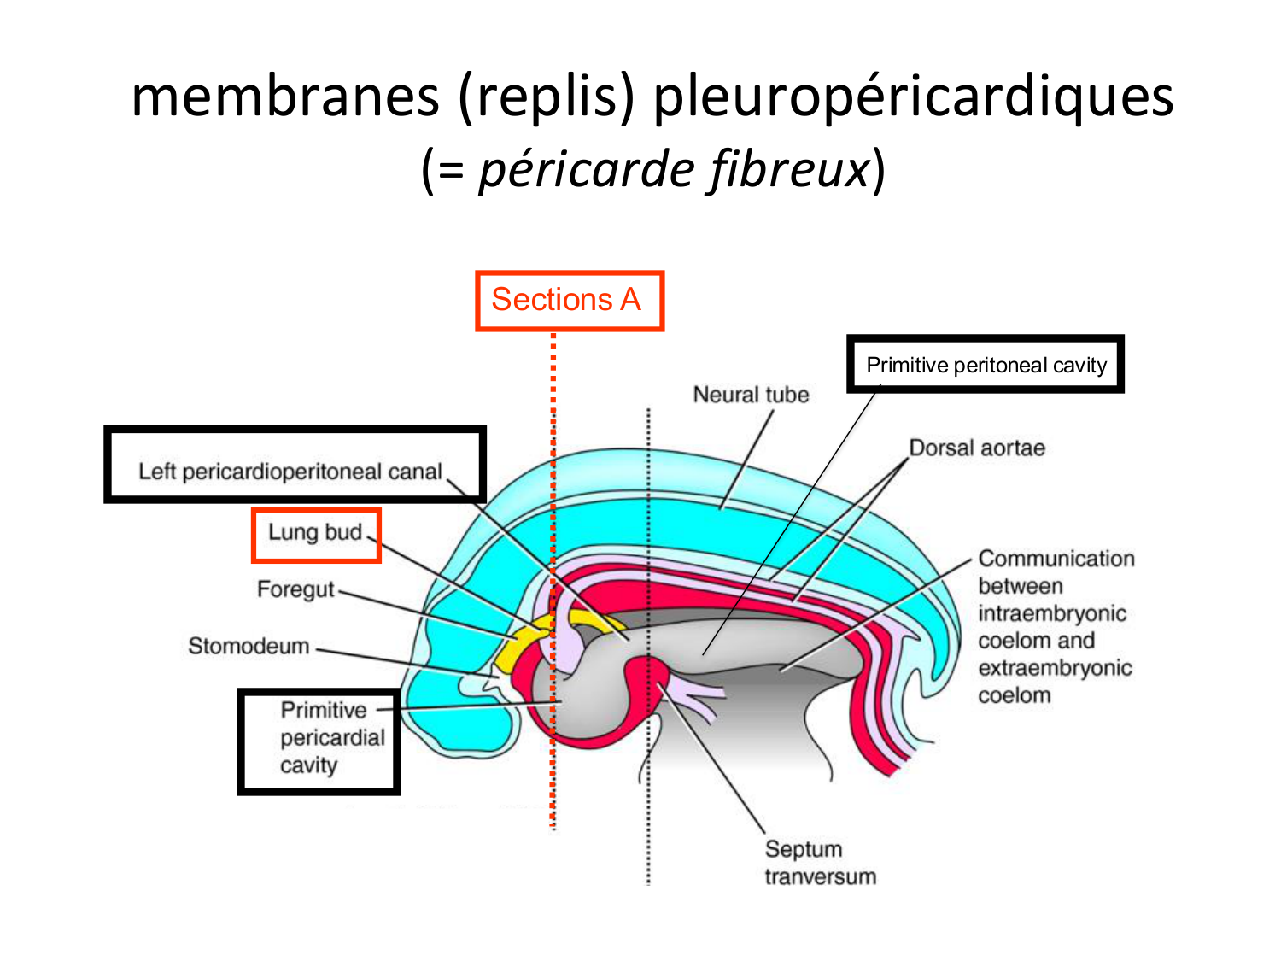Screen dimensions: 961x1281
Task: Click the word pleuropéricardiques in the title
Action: (x=913, y=97)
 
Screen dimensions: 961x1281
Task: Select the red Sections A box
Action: (x=569, y=301)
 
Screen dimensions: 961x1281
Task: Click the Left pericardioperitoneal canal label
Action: (x=290, y=472)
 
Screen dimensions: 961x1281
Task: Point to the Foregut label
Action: (x=295, y=589)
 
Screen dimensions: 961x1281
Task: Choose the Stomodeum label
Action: (x=249, y=646)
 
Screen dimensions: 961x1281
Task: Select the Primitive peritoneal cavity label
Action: (x=986, y=365)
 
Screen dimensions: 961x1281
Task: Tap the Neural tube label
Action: (x=751, y=395)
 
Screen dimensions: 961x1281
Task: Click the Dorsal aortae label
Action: (x=976, y=448)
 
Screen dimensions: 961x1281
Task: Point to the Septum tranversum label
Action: (x=819, y=862)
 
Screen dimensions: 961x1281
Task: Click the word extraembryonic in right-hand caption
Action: (x=1055, y=668)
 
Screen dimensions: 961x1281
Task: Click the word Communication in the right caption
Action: (x=1056, y=559)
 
